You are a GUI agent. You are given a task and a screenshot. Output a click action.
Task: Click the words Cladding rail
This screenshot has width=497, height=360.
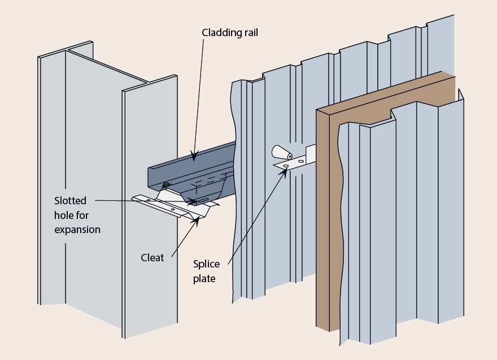(x=230, y=33)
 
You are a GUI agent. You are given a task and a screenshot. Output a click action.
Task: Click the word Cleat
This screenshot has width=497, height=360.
(x=152, y=258)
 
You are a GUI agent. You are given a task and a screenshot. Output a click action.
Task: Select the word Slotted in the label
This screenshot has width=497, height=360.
(x=70, y=200)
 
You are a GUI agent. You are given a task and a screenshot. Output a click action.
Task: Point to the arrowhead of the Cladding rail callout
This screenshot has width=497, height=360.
(x=194, y=156)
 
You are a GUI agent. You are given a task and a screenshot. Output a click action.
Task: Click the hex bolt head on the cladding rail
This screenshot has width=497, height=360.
(x=165, y=185)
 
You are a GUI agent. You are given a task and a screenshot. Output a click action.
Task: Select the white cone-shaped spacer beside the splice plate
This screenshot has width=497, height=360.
(x=280, y=153)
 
